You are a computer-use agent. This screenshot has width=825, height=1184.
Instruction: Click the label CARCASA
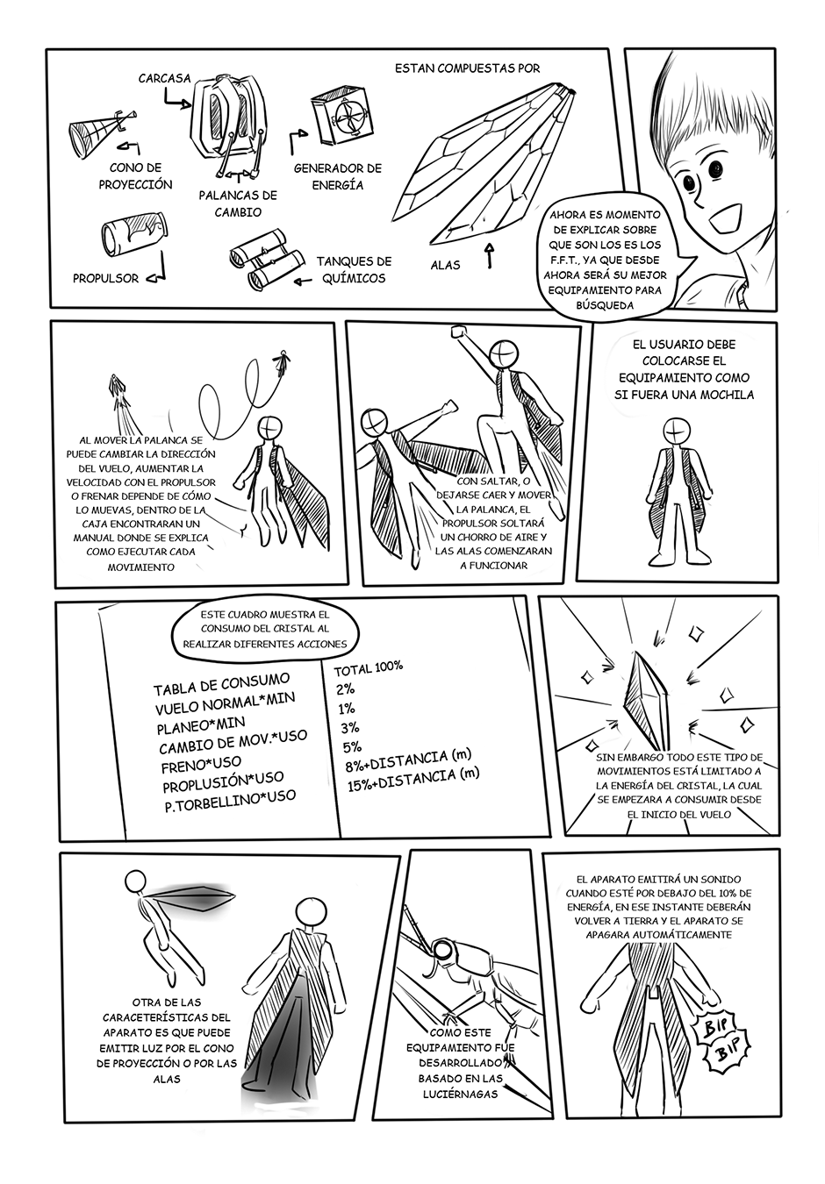tap(164, 78)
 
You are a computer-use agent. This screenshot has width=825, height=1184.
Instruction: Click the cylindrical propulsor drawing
tap(134, 231)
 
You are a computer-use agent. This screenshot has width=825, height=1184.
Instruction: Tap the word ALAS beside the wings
tap(445, 266)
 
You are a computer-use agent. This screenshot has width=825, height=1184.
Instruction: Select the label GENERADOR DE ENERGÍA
tap(337, 176)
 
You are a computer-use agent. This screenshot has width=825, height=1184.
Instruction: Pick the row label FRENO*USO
tap(201, 764)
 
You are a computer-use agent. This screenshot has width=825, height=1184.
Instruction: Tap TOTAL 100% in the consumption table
tap(368, 667)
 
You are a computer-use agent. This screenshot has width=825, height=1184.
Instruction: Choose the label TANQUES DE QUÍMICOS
tap(354, 269)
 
